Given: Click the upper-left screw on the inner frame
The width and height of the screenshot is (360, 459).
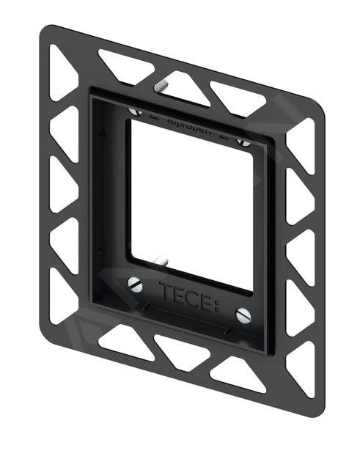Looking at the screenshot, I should click(135, 111).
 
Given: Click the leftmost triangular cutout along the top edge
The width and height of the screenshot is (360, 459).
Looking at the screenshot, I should click(122, 65).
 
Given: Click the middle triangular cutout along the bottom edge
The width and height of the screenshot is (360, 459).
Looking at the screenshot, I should click(179, 356).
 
